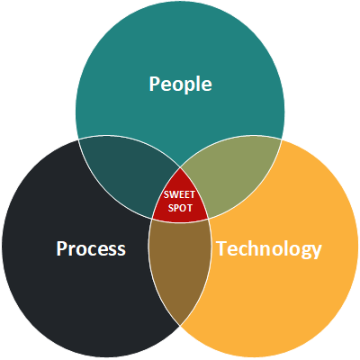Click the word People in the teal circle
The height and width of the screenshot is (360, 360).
click(x=180, y=84)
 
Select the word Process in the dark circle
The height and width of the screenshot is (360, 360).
click(x=91, y=248)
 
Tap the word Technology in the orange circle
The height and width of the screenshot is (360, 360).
click(x=269, y=249)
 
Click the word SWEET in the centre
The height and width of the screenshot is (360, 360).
click(x=179, y=194)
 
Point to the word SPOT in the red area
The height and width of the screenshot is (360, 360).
click(x=180, y=208)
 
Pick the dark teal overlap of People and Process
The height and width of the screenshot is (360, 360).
click(x=126, y=174)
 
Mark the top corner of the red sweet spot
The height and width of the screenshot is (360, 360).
click(x=180, y=167)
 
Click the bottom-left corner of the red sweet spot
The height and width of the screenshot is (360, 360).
click(x=152, y=218)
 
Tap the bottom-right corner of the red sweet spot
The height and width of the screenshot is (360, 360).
click(x=208, y=218)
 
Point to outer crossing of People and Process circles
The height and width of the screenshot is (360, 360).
click(x=78, y=139)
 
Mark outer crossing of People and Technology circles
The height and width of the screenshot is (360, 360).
click(x=282, y=139)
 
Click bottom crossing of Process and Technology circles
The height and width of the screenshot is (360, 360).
click(x=180, y=325)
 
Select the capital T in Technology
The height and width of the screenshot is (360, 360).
click(x=221, y=248)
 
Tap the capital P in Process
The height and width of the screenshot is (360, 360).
click(x=61, y=249)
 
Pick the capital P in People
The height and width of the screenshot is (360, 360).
click(x=154, y=84)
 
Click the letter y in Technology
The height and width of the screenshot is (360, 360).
click(x=316, y=252)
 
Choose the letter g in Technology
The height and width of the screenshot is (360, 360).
click(x=304, y=252)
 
